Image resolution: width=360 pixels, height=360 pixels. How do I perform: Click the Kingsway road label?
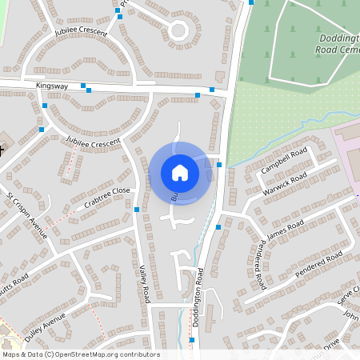[x=52, y=84]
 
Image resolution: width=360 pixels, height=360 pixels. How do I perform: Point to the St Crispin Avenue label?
[x=26, y=215]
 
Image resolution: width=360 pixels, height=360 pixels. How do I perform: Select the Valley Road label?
[x=145, y=283]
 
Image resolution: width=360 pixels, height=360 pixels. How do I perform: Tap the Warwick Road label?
[x=284, y=183]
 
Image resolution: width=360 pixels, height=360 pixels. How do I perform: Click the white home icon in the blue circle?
[x=180, y=172]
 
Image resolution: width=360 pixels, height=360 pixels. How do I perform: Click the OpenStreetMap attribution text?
[x=81, y=354]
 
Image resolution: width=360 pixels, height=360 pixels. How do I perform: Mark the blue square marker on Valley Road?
[x=137, y=210]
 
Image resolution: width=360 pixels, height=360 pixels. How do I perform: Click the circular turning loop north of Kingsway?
[x=178, y=32]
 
